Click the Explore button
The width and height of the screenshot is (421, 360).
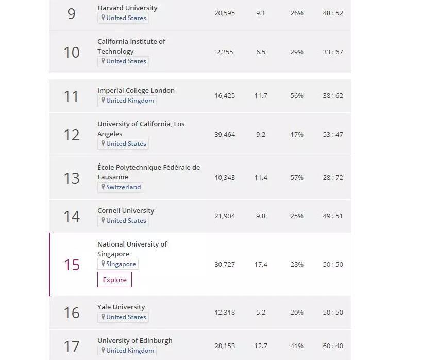(x=114, y=280)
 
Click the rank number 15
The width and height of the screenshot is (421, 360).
(x=72, y=265)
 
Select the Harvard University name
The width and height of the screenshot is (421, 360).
(x=127, y=8)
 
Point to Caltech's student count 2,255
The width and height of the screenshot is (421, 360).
(x=225, y=52)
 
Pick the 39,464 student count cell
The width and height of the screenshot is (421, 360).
(x=225, y=134)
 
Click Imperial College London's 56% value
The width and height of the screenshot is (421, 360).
(x=297, y=95)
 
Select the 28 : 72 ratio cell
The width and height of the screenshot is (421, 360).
(x=333, y=177)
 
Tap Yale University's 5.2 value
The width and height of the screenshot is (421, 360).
(x=261, y=312)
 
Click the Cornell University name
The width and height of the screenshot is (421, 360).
(x=126, y=210)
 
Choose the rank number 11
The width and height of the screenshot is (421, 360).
(x=71, y=96)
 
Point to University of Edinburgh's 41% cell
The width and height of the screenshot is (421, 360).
(x=297, y=346)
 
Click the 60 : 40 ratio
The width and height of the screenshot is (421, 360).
(x=333, y=346)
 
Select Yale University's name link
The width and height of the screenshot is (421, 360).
(x=121, y=307)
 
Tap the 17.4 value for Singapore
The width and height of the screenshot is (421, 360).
(x=261, y=264)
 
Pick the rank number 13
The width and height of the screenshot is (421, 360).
(x=72, y=178)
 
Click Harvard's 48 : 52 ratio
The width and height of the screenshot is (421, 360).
(x=333, y=13)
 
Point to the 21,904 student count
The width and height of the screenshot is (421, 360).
(x=225, y=216)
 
